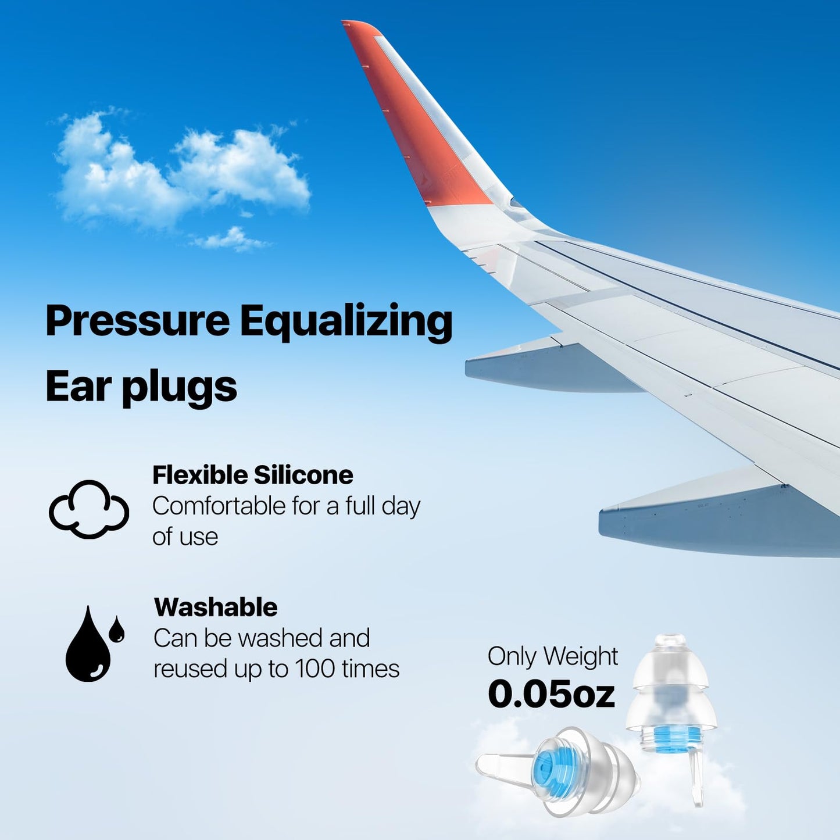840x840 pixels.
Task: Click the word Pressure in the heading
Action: click(138, 321)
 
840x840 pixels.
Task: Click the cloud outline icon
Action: click(89, 509)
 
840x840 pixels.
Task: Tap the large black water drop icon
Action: click(87, 648)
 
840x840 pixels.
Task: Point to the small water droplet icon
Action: click(117, 629)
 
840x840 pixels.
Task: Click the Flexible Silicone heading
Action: click(252, 476)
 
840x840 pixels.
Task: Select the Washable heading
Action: click(216, 607)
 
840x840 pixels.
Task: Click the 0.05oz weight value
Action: click(551, 694)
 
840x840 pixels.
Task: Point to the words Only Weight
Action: click(552, 657)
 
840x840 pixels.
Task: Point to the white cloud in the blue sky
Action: click(180, 171)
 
